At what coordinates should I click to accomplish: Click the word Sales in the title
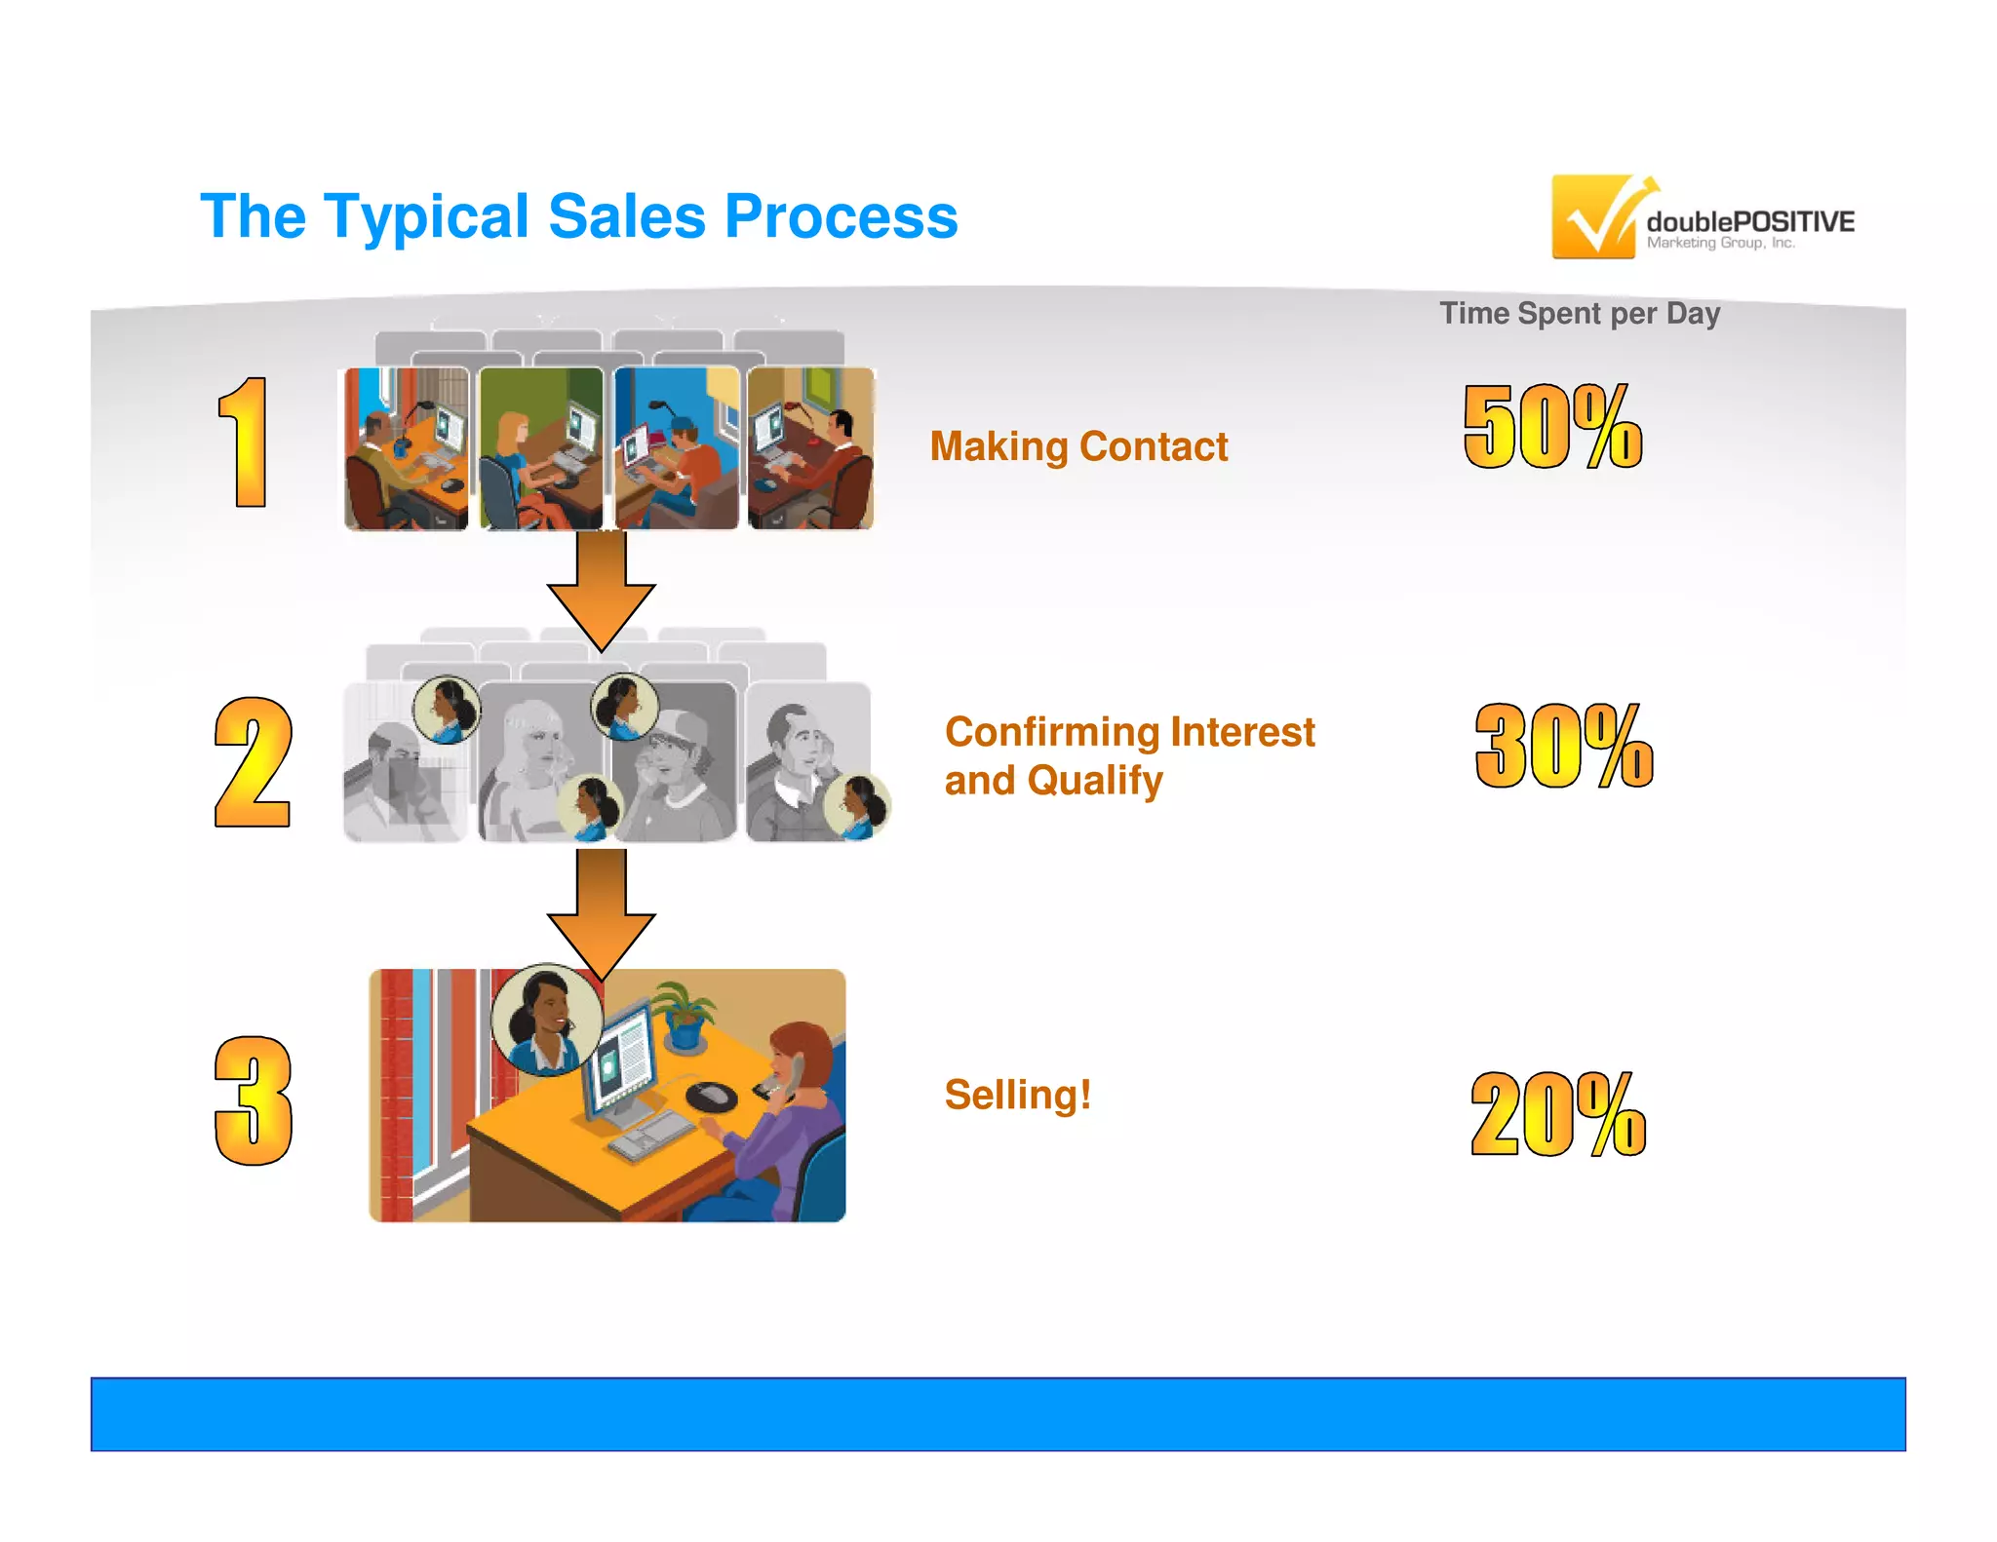click(626, 216)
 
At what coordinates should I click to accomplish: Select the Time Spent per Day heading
click(1580, 314)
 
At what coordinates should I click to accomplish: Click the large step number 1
click(245, 443)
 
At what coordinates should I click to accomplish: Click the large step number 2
click(253, 763)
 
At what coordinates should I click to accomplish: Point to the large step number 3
click(253, 1100)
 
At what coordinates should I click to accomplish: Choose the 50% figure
click(1553, 427)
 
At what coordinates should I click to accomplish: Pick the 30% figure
click(1564, 746)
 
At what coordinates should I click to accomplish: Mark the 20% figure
click(1558, 1114)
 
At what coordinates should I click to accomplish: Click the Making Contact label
click(1078, 446)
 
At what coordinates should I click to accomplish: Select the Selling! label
click(1018, 1095)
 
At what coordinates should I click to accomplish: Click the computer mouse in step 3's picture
click(712, 1096)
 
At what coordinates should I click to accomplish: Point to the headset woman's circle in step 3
click(546, 1020)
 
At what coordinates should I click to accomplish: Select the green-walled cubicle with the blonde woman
click(541, 448)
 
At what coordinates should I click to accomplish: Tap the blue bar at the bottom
click(998, 1414)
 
